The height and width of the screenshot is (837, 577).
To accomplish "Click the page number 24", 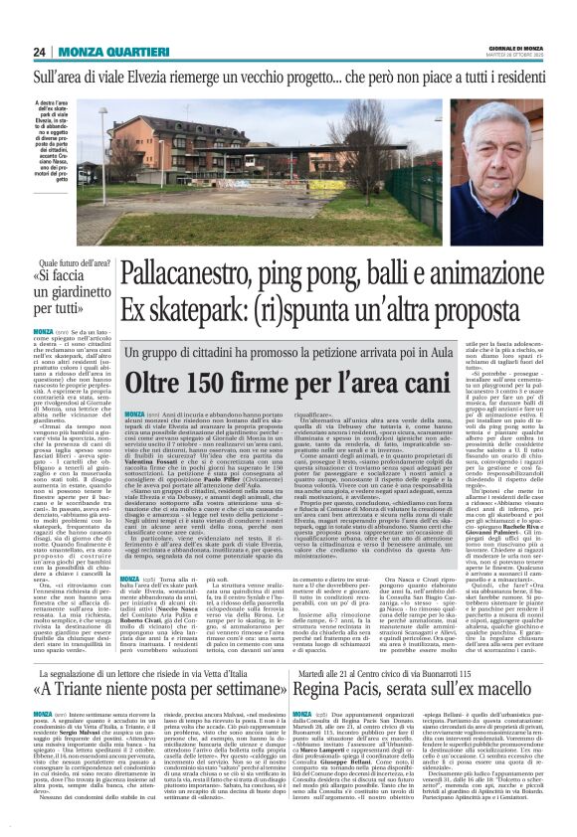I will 39,51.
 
